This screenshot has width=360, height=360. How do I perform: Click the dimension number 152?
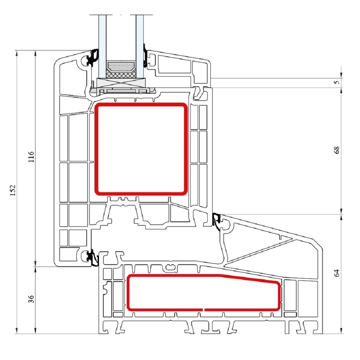tap(13, 190)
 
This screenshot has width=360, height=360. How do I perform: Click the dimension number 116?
tap(31, 157)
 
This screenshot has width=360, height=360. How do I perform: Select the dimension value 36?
tap(31, 299)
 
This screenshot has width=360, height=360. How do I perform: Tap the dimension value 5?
tap(337, 82)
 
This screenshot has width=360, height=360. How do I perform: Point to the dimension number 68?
tap(337, 150)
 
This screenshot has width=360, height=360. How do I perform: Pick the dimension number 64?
tap(337, 273)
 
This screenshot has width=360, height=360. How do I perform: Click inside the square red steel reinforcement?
tap(141, 149)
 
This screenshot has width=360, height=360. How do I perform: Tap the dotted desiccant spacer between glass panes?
tap(121, 66)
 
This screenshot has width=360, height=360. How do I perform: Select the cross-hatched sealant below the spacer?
tap(121, 74)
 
